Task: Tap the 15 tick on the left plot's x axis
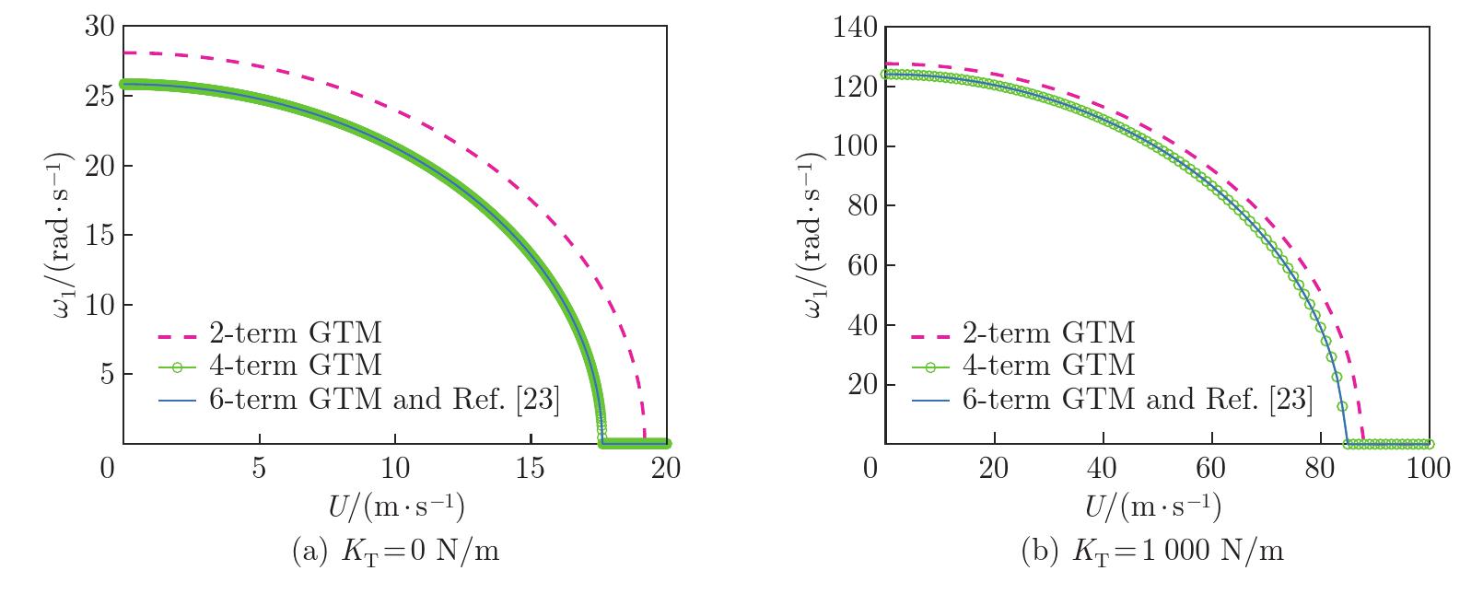[531, 469]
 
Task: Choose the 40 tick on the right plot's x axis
[1102, 469]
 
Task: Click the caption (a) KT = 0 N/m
[396, 552]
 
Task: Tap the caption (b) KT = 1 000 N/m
[1152, 552]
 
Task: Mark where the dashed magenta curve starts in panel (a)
[123, 53]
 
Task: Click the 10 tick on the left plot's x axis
[395, 469]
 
